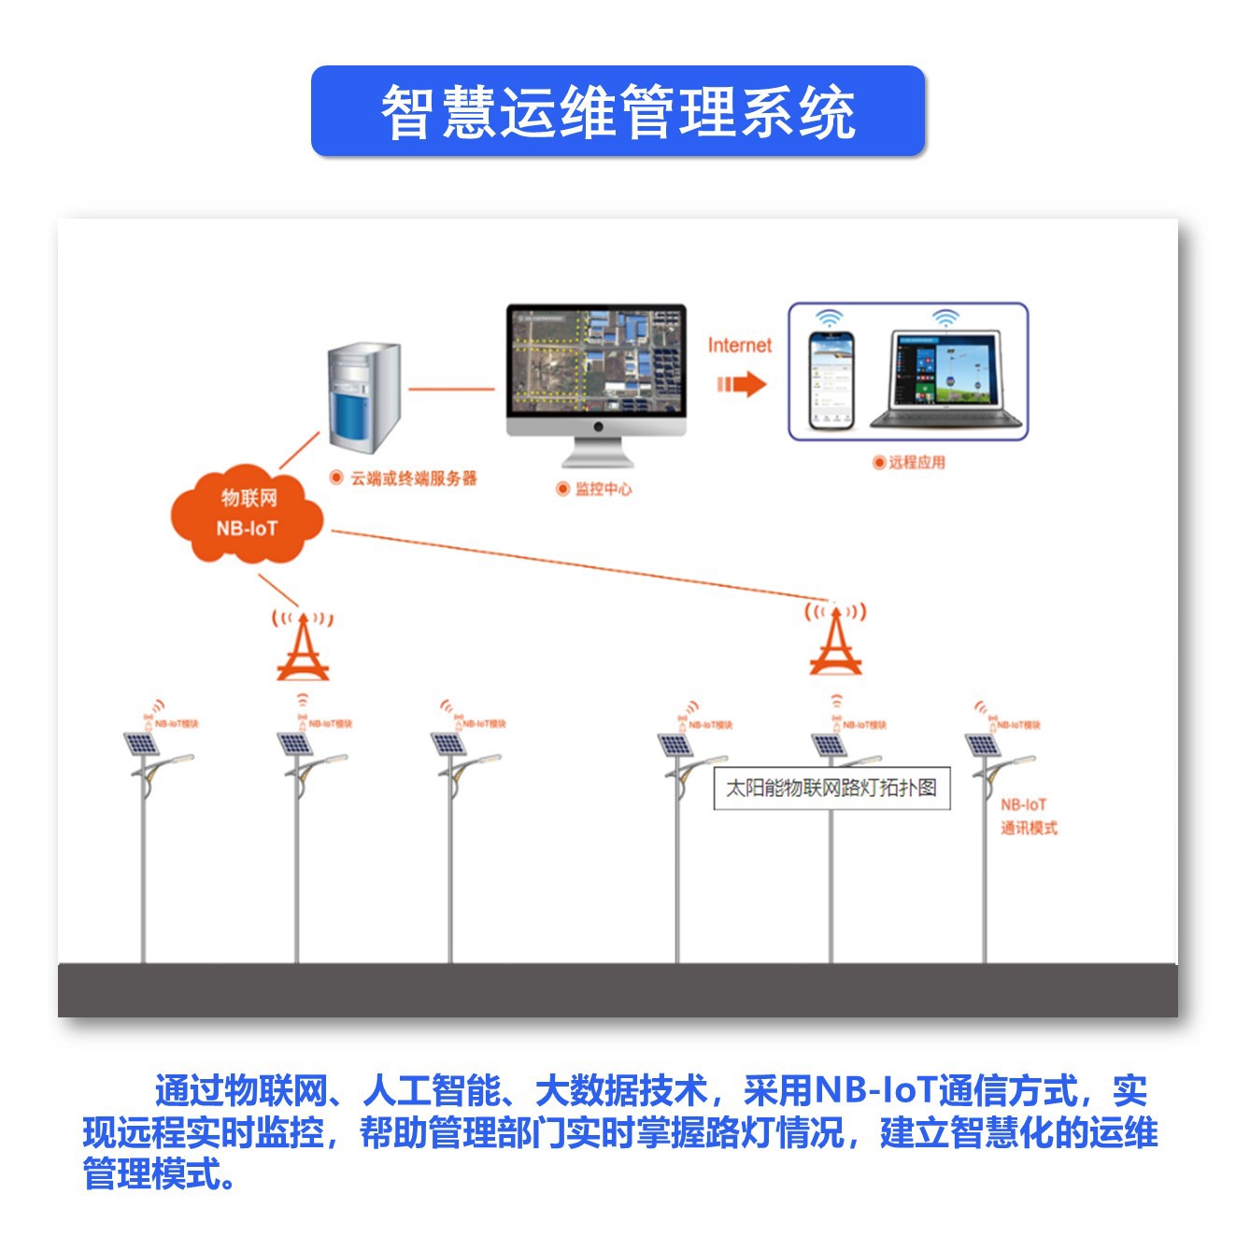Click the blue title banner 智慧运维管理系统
[618, 111]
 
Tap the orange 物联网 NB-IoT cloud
[247, 514]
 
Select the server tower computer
[363, 398]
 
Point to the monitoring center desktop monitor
[596, 370]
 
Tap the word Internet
[739, 346]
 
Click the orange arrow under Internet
[742, 384]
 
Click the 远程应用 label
[916, 462]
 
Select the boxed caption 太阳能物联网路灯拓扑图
[831, 788]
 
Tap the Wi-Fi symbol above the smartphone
[829, 318]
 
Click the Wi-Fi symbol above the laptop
[945, 318]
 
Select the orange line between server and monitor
[451, 389]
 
